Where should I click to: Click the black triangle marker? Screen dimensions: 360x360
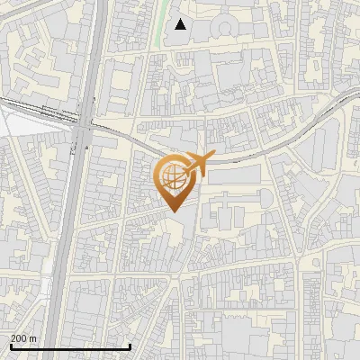(x=181, y=24)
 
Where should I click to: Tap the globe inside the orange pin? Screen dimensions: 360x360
(x=173, y=175)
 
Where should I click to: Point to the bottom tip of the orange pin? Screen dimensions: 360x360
(x=174, y=211)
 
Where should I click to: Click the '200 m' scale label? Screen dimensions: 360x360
(x=22, y=338)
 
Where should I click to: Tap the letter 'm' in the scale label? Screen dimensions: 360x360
(x=32, y=338)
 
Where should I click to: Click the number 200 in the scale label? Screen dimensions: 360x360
(x=18, y=338)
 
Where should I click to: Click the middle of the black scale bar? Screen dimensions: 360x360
(x=70, y=346)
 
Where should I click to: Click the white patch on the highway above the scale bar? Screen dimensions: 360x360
(x=47, y=288)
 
